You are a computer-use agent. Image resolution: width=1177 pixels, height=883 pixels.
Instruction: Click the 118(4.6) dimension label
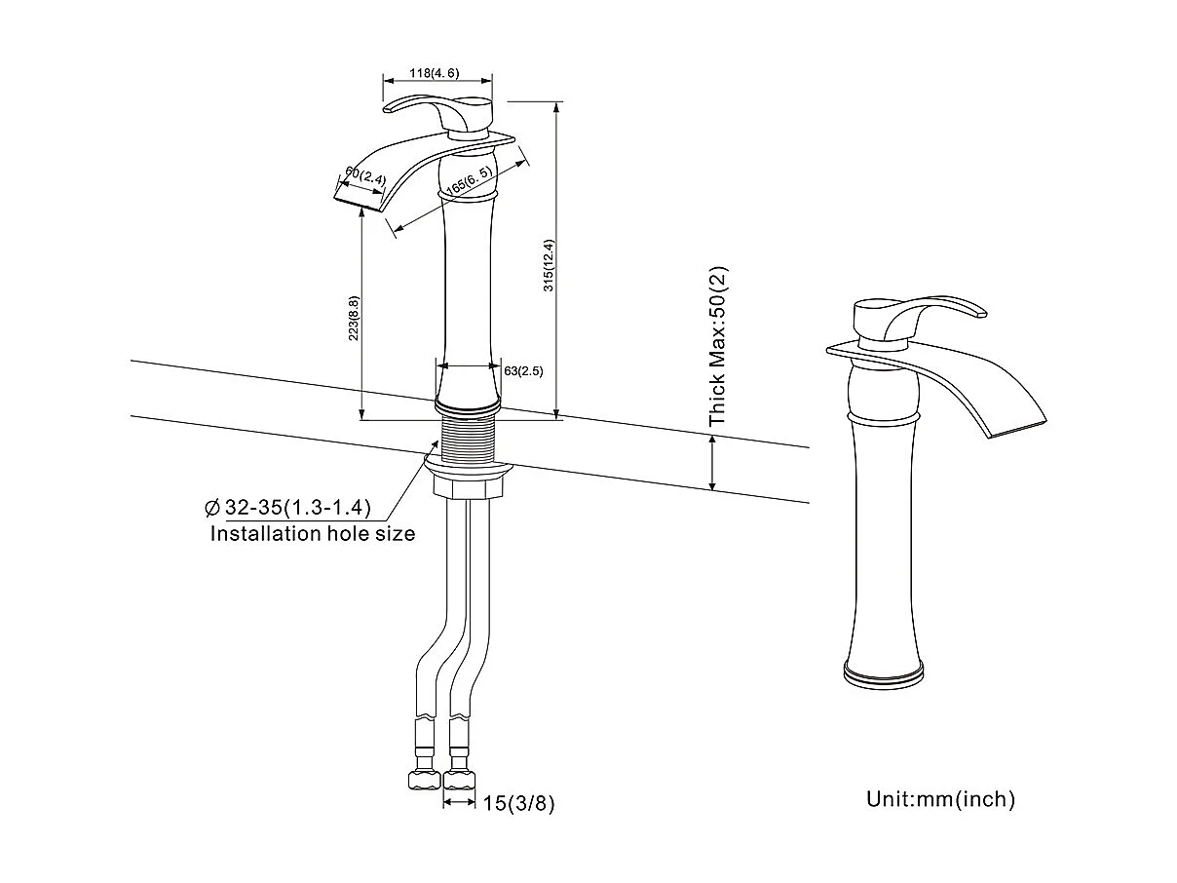434,73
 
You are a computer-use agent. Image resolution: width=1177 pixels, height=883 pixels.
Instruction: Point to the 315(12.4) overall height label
549,265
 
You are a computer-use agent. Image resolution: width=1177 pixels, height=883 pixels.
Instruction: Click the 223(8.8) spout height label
354,317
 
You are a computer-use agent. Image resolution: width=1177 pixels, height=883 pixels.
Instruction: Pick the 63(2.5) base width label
523,370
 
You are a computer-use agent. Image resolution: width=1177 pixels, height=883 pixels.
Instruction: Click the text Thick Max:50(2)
719,348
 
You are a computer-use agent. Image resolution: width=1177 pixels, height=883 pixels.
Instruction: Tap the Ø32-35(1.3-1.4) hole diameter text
288,507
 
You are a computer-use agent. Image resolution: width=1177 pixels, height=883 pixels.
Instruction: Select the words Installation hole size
313,533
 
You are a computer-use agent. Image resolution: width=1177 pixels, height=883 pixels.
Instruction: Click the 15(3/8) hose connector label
518,803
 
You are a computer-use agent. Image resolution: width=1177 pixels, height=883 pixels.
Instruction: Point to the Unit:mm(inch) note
940,799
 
